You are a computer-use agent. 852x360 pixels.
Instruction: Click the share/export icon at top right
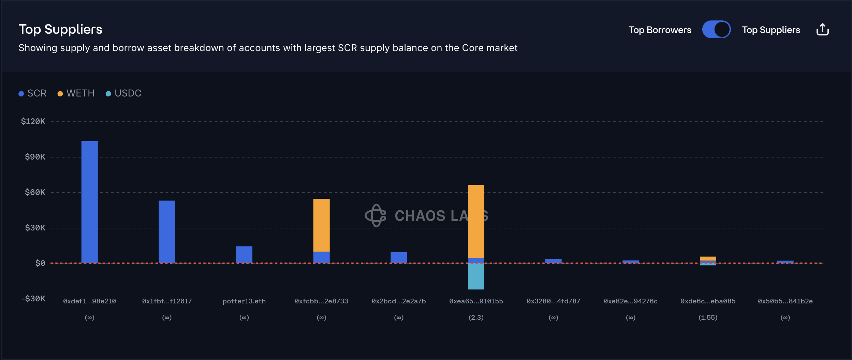click(x=822, y=30)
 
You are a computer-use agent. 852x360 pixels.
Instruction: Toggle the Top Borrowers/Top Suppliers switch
click(x=716, y=30)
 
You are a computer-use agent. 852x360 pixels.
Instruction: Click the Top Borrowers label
click(x=660, y=30)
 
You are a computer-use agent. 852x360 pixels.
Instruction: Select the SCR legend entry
click(x=33, y=93)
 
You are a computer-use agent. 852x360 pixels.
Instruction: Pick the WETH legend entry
click(x=76, y=93)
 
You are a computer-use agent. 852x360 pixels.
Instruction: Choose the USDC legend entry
click(x=124, y=93)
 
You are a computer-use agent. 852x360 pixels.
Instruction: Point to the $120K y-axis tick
click(x=33, y=121)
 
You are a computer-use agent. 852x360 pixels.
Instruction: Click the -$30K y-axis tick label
click(x=33, y=299)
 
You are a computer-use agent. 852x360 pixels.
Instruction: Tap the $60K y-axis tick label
click(x=35, y=192)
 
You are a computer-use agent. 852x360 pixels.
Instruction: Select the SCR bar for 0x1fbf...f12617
click(x=167, y=232)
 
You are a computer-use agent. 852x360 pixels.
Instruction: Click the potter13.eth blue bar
click(x=244, y=254)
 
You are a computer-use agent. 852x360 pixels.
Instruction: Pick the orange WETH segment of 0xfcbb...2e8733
click(x=321, y=225)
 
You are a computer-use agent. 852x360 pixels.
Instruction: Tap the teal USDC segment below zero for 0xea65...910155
click(x=476, y=276)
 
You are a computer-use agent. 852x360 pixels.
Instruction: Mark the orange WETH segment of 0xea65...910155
click(x=476, y=222)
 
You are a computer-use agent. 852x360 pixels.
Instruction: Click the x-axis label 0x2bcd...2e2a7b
click(x=399, y=301)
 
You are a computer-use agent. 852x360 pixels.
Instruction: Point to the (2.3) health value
click(x=476, y=317)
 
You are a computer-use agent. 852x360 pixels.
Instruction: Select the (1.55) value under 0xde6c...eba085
click(x=708, y=317)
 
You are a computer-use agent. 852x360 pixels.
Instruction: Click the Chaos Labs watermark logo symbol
click(x=376, y=215)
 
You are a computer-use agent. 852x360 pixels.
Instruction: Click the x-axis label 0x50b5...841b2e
click(x=785, y=301)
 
